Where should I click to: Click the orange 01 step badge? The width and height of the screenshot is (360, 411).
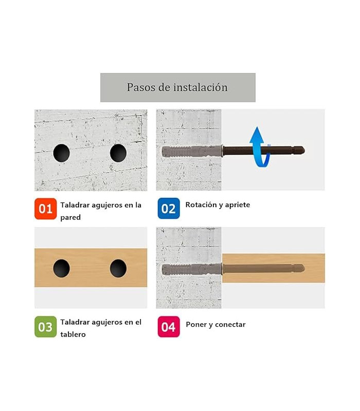(x=45, y=209)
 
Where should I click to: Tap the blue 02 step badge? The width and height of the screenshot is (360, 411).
(x=169, y=209)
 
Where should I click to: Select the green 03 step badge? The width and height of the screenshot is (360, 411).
(x=45, y=327)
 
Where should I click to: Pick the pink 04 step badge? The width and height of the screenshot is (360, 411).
(x=169, y=327)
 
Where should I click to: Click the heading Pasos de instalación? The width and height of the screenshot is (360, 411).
(x=177, y=87)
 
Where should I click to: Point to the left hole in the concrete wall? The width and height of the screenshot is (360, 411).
(x=61, y=153)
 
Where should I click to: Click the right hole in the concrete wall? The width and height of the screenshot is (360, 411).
(x=118, y=153)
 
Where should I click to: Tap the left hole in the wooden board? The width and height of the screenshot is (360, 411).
(x=61, y=268)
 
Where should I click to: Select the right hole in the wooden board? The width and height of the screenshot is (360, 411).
(x=118, y=268)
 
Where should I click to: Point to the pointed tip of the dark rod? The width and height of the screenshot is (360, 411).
(x=304, y=151)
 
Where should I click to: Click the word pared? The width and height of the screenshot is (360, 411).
(x=70, y=217)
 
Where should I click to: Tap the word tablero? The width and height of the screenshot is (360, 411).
(x=73, y=334)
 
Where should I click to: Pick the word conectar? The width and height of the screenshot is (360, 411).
(x=230, y=325)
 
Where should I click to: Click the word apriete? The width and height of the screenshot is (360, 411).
(x=238, y=205)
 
